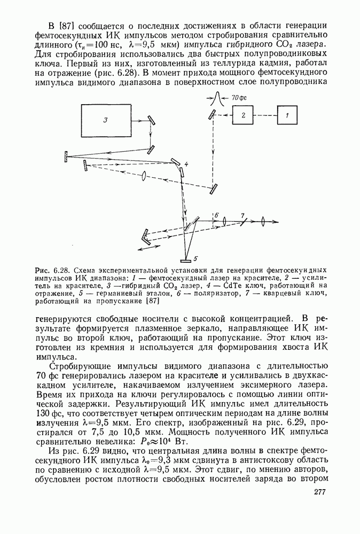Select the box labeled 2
(x=242, y=114)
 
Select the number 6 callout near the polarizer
(x=217, y=215)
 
